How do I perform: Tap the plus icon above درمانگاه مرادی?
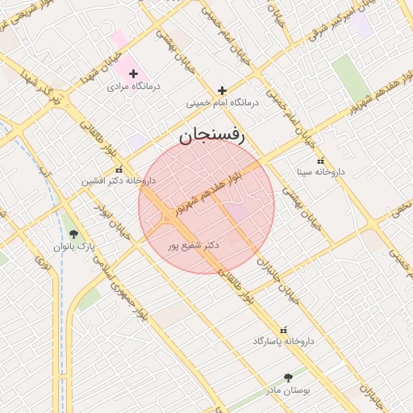134,73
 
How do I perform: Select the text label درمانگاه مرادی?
136,85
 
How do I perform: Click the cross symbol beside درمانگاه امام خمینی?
222,90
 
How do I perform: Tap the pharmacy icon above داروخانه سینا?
321,161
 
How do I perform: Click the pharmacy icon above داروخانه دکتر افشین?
119,170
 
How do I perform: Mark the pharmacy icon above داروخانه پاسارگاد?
282,330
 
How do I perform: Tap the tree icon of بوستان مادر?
288,378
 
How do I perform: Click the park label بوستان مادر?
288,390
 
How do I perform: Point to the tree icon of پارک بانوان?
73,234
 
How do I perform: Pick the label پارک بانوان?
74,245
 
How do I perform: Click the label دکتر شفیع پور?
190,243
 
